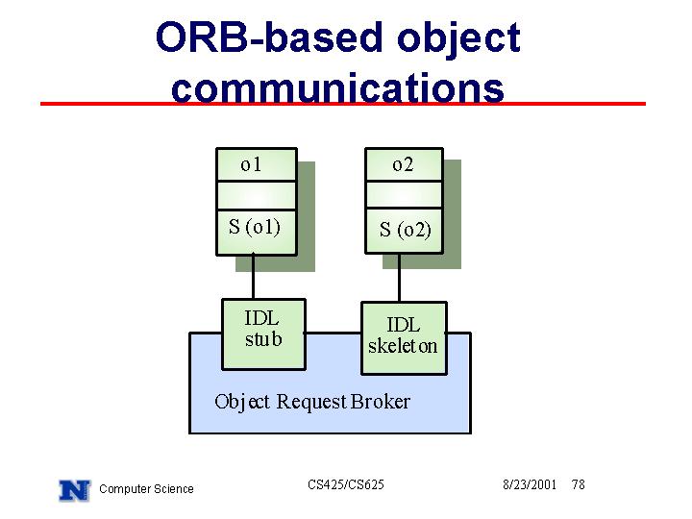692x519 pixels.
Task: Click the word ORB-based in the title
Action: [x=269, y=37]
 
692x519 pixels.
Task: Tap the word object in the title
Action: [x=459, y=40]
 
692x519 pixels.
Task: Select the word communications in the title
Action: [x=337, y=87]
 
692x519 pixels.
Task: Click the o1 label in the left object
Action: [x=251, y=165]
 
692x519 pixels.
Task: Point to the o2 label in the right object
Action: [x=403, y=165]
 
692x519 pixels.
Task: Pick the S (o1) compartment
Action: [x=257, y=233]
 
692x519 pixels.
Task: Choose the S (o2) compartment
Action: [x=404, y=231]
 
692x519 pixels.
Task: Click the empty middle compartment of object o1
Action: [x=257, y=195]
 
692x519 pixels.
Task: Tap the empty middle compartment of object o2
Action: [x=404, y=194]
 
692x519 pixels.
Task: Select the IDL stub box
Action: [x=263, y=334]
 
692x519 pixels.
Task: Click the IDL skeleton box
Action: [x=404, y=338]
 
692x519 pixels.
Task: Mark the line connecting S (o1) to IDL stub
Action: [x=253, y=276]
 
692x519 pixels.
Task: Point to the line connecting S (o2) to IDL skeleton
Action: [x=400, y=278]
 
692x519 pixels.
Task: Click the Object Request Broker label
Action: [x=312, y=402]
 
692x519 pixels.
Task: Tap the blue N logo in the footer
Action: [x=75, y=490]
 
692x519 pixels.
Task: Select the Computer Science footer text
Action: [x=146, y=489]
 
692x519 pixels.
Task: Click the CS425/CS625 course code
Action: [x=346, y=484]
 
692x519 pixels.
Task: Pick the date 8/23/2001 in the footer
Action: [x=530, y=484]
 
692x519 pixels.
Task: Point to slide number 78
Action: [x=579, y=484]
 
